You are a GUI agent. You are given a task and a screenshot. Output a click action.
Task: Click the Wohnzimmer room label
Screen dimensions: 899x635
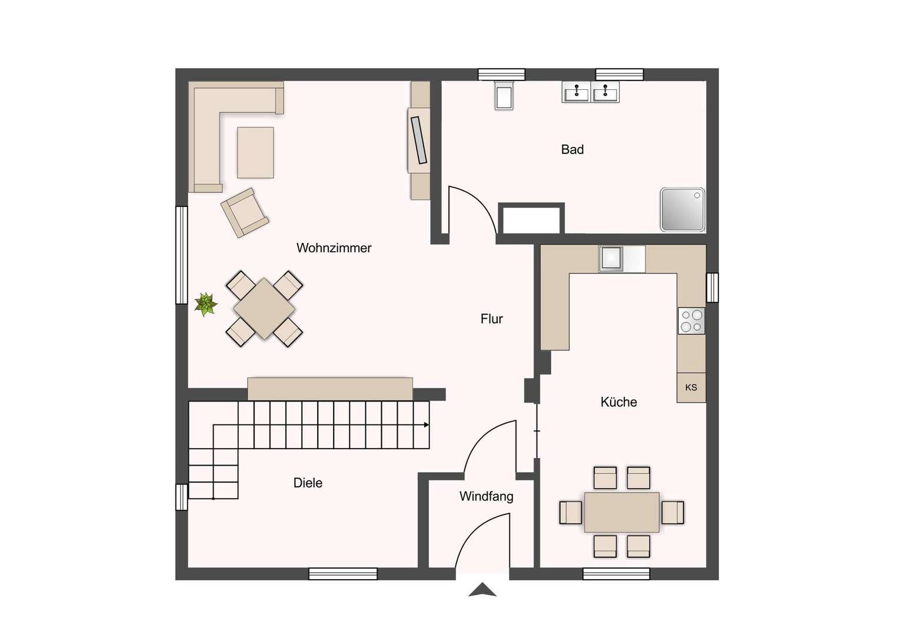(334, 248)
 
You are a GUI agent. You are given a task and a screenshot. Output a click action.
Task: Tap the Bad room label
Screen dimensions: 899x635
(572, 149)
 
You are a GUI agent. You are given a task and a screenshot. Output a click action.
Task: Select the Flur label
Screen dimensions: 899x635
(492, 319)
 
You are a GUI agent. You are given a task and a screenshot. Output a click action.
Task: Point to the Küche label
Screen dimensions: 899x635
(618, 402)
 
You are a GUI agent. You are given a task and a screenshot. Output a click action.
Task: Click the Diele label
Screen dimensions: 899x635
(308, 483)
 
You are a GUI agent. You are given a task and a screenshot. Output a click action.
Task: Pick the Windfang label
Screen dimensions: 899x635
(487, 497)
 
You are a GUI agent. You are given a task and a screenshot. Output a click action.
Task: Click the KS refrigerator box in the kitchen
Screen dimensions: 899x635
(691, 387)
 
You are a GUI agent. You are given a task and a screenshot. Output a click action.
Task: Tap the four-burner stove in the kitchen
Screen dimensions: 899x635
(691, 321)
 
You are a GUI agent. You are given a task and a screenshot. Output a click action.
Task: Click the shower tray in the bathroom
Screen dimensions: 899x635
(682, 210)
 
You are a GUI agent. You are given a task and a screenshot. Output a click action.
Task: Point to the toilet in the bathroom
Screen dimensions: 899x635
(504, 95)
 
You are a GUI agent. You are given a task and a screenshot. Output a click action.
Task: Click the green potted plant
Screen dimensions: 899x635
(206, 304)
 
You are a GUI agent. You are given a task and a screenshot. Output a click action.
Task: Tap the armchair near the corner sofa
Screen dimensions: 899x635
(245, 213)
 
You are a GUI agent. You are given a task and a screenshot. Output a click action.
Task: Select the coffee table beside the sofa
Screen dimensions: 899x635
(255, 152)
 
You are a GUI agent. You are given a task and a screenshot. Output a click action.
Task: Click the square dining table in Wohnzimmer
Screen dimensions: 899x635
(265, 309)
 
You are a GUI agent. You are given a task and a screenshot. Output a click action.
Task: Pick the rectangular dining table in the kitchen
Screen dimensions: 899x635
(622, 512)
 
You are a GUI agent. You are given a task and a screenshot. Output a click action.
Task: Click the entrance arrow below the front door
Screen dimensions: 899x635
(482, 590)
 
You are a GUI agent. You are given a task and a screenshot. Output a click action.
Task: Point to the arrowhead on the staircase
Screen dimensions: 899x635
(427, 425)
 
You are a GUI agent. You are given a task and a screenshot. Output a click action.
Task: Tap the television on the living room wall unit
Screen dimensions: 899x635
(419, 140)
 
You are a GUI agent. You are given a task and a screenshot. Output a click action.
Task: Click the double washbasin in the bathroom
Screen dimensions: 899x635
(590, 92)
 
